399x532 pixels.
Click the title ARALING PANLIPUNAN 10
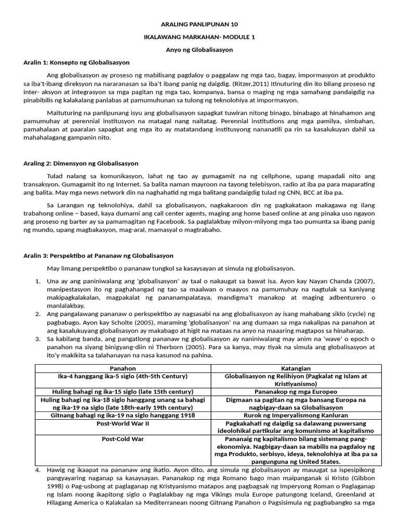[199, 24]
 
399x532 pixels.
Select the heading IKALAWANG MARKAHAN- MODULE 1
[199, 37]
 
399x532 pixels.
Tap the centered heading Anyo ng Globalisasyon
[199, 50]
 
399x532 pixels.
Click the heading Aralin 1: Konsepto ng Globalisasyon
[76, 62]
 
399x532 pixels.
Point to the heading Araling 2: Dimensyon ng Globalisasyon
[81, 163]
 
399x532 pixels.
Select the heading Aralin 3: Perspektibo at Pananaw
[98, 256]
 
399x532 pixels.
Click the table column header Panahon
[123, 368]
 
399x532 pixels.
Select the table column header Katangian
[296, 368]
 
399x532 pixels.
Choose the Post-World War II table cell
[123, 423]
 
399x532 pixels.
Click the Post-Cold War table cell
[123, 439]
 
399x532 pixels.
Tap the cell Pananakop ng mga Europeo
[296, 391]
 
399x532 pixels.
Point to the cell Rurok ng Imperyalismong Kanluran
[296, 416]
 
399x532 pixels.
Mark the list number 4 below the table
[38, 470]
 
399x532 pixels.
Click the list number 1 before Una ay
[38, 281]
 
